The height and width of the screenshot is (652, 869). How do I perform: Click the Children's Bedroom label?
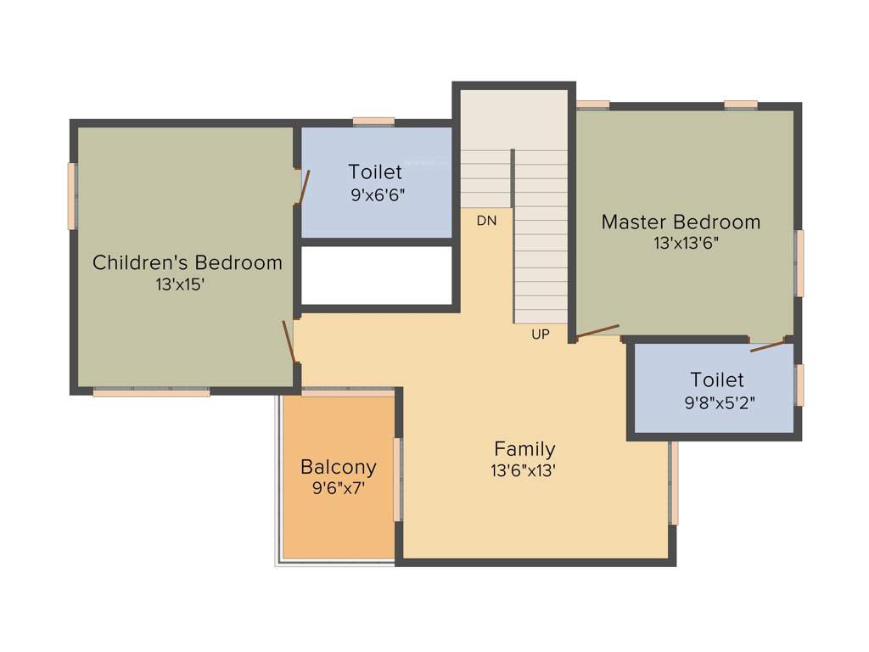pyautogui.click(x=188, y=262)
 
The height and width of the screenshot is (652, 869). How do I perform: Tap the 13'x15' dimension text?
pyautogui.click(x=179, y=285)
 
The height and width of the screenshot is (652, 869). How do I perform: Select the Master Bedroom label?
pyautogui.click(x=681, y=222)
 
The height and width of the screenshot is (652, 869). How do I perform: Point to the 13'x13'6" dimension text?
pyautogui.click(x=681, y=244)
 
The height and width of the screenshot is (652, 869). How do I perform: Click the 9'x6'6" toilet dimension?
pyautogui.click(x=378, y=194)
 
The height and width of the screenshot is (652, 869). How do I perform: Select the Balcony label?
pyautogui.click(x=339, y=467)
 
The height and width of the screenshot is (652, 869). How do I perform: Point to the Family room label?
pyautogui.click(x=524, y=449)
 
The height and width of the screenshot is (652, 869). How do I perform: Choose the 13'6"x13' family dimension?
pyautogui.click(x=523, y=471)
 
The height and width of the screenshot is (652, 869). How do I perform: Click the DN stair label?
pyautogui.click(x=486, y=221)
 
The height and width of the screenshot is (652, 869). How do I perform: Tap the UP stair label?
pyautogui.click(x=541, y=334)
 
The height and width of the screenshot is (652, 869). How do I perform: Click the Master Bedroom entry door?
pyautogui.click(x=597, y=332)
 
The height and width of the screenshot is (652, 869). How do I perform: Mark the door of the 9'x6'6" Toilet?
pyautogui.click(x=304, y=188)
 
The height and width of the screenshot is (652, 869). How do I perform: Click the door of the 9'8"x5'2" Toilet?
pyautogui.click(x=769, y=346)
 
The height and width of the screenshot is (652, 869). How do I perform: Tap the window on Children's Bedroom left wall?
pyautogui.click(x=72, y=196)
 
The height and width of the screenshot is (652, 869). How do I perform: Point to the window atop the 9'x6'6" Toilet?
pyautogui.click(x=373, y=121)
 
